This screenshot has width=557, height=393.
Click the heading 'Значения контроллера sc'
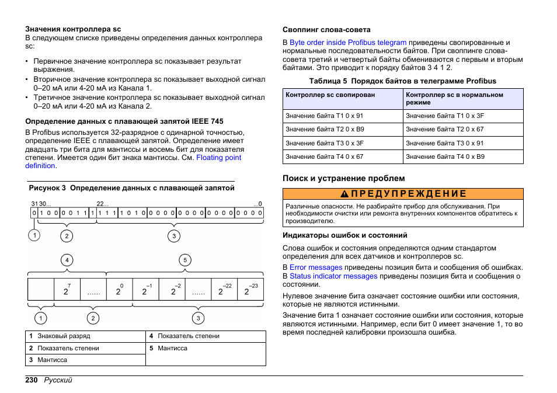coord(73,29)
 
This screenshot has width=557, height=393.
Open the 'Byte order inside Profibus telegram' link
coord(348,43)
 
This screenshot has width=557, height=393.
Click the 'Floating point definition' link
coord(218,158)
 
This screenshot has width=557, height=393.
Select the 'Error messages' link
coord(316,267)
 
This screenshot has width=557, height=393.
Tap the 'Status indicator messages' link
coord(333,276)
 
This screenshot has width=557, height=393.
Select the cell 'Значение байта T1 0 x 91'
coord(324,116)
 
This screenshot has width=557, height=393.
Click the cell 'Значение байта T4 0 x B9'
coord(445,156)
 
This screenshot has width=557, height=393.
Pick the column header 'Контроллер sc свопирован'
coord(330,95)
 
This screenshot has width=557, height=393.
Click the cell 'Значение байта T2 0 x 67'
coord(445,129)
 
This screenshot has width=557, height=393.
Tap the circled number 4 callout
coord(67,260)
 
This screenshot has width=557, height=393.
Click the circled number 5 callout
coord(185,260)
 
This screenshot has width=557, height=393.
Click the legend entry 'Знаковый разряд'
coord(64,336)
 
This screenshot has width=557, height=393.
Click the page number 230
coord(32,381)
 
